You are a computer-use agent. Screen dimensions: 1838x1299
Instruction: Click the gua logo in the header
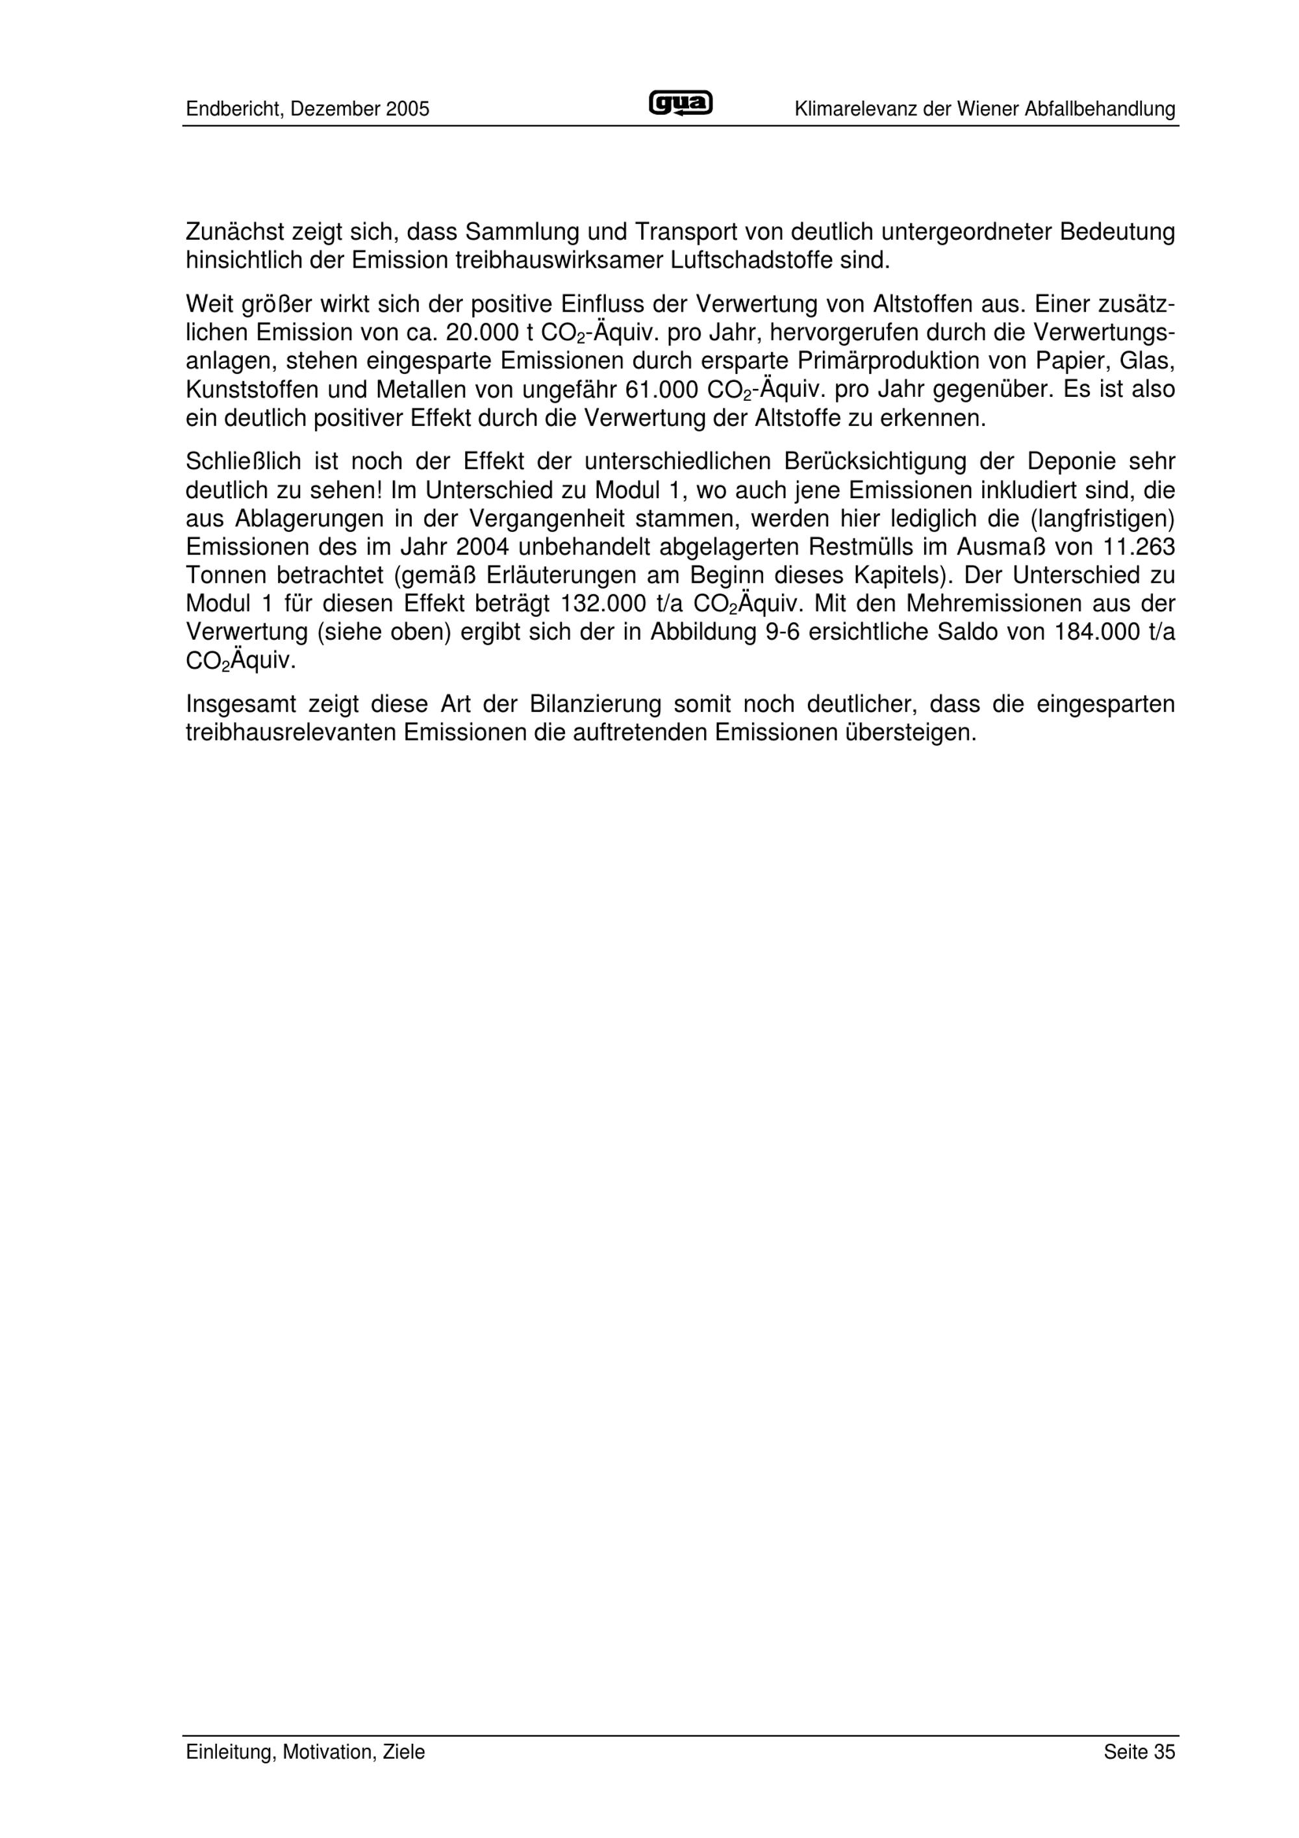tap(680, 104)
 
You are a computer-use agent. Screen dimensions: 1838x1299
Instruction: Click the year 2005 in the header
tap(407, 110)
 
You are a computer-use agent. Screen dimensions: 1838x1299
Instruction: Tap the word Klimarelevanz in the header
tap(855, 110)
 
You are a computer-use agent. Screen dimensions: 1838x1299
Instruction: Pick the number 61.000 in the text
tap(662, 390)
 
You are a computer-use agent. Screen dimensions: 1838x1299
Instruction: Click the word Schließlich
tap(244, 462)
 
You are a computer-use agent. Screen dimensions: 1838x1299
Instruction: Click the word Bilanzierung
tap(596, 705)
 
